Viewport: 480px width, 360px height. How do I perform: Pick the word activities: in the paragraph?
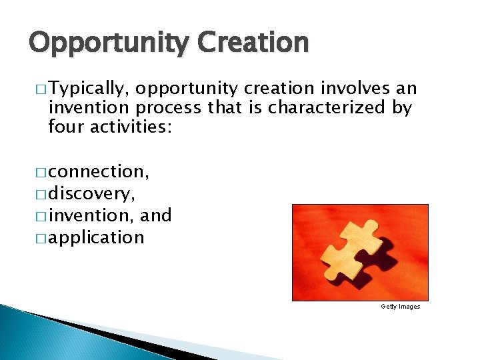click(131, 126)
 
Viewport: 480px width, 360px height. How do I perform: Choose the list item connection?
click(99, 171)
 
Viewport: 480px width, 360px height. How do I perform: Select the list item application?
click(96, 237)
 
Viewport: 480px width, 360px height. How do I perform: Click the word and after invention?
click(157, 215)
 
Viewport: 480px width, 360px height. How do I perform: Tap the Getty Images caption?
click(400, 307)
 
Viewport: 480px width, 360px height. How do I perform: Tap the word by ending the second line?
click(402, 108)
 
